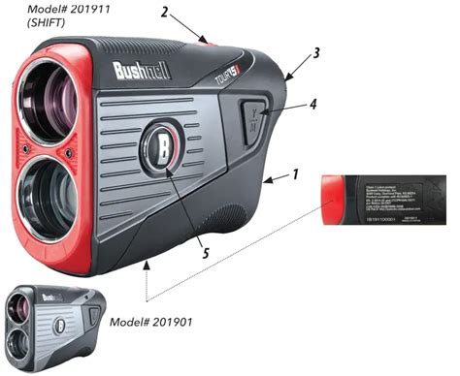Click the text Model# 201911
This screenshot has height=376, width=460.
(x=42, y=11)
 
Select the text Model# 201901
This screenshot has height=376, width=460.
(x=160, y=320)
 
